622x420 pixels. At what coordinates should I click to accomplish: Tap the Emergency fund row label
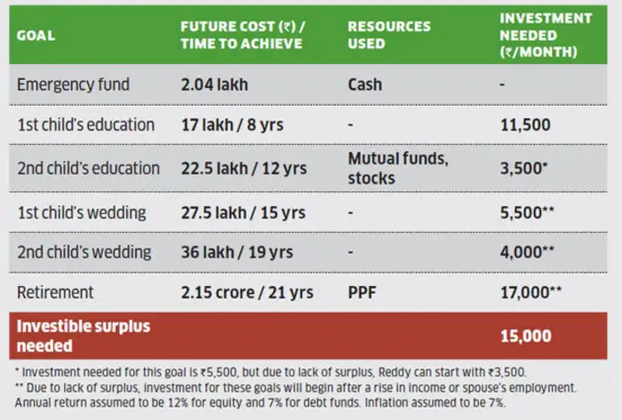click(74, 85)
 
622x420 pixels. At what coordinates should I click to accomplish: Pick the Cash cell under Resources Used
click(365, 85)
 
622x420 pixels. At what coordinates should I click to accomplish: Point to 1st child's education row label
click(86, 125)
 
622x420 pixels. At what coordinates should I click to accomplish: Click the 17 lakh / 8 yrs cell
click(232, 125)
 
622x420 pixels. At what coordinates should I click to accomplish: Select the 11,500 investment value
click(523, 125)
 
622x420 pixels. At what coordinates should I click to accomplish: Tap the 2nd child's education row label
click(89, 168)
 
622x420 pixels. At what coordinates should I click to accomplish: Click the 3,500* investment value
click(527, 168)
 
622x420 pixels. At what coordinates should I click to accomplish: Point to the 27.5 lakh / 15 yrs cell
click(243, 212)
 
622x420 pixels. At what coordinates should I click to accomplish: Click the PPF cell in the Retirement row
click(363, 292)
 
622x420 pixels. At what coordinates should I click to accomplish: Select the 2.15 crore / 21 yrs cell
click(247, 292)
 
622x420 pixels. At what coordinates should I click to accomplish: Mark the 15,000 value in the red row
click(525, 336)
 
